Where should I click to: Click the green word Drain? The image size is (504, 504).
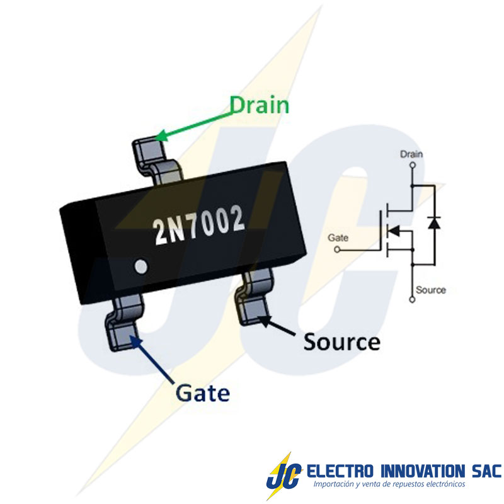pos(259,104)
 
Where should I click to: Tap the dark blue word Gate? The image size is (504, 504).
pos(202,393)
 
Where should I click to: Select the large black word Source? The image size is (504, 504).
pos(342,342)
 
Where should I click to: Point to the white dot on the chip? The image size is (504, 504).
pos(142,266)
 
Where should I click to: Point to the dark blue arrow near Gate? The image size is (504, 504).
pos(154,360)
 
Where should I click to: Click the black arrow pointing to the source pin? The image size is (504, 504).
pos(280,327)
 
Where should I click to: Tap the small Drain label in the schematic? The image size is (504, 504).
pos(412,154)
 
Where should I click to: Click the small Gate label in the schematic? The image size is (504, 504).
pos(338,238)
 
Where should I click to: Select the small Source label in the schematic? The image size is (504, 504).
pos(431,290)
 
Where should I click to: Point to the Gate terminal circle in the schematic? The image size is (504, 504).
pos(336,249)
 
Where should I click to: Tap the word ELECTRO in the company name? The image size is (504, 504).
pos(338,471)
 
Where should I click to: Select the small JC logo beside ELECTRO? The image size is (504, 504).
pos(280,474)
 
